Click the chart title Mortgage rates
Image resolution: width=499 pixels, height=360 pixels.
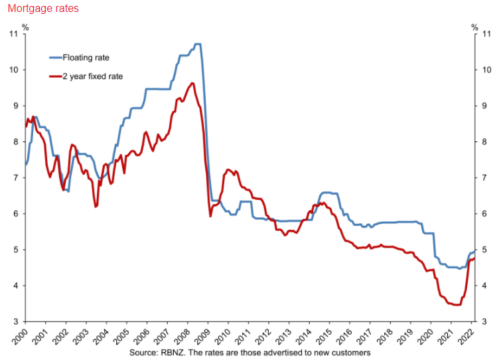click(x=39, y=9)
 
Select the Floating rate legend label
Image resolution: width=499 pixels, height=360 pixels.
click(x=86, y=57)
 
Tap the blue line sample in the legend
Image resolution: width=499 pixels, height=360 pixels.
click(x=55, y=57)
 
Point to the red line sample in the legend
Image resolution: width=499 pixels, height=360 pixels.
click(x=55, y=76)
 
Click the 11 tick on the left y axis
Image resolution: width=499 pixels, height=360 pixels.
click(x=16, y=34)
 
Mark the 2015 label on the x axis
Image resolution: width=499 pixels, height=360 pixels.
click(x=326, y=335)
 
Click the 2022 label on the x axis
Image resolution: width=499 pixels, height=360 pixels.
click(x=468, y=335)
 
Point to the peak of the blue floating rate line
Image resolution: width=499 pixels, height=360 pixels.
click(x=197, y=44)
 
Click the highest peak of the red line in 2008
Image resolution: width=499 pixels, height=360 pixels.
click(x=192, y=83)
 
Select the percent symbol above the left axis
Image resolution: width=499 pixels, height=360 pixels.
click(x=25, y=27)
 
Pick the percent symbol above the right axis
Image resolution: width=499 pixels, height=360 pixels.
click(x=474, y=27)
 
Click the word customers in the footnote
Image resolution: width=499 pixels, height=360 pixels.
click(x=350, y=353)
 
